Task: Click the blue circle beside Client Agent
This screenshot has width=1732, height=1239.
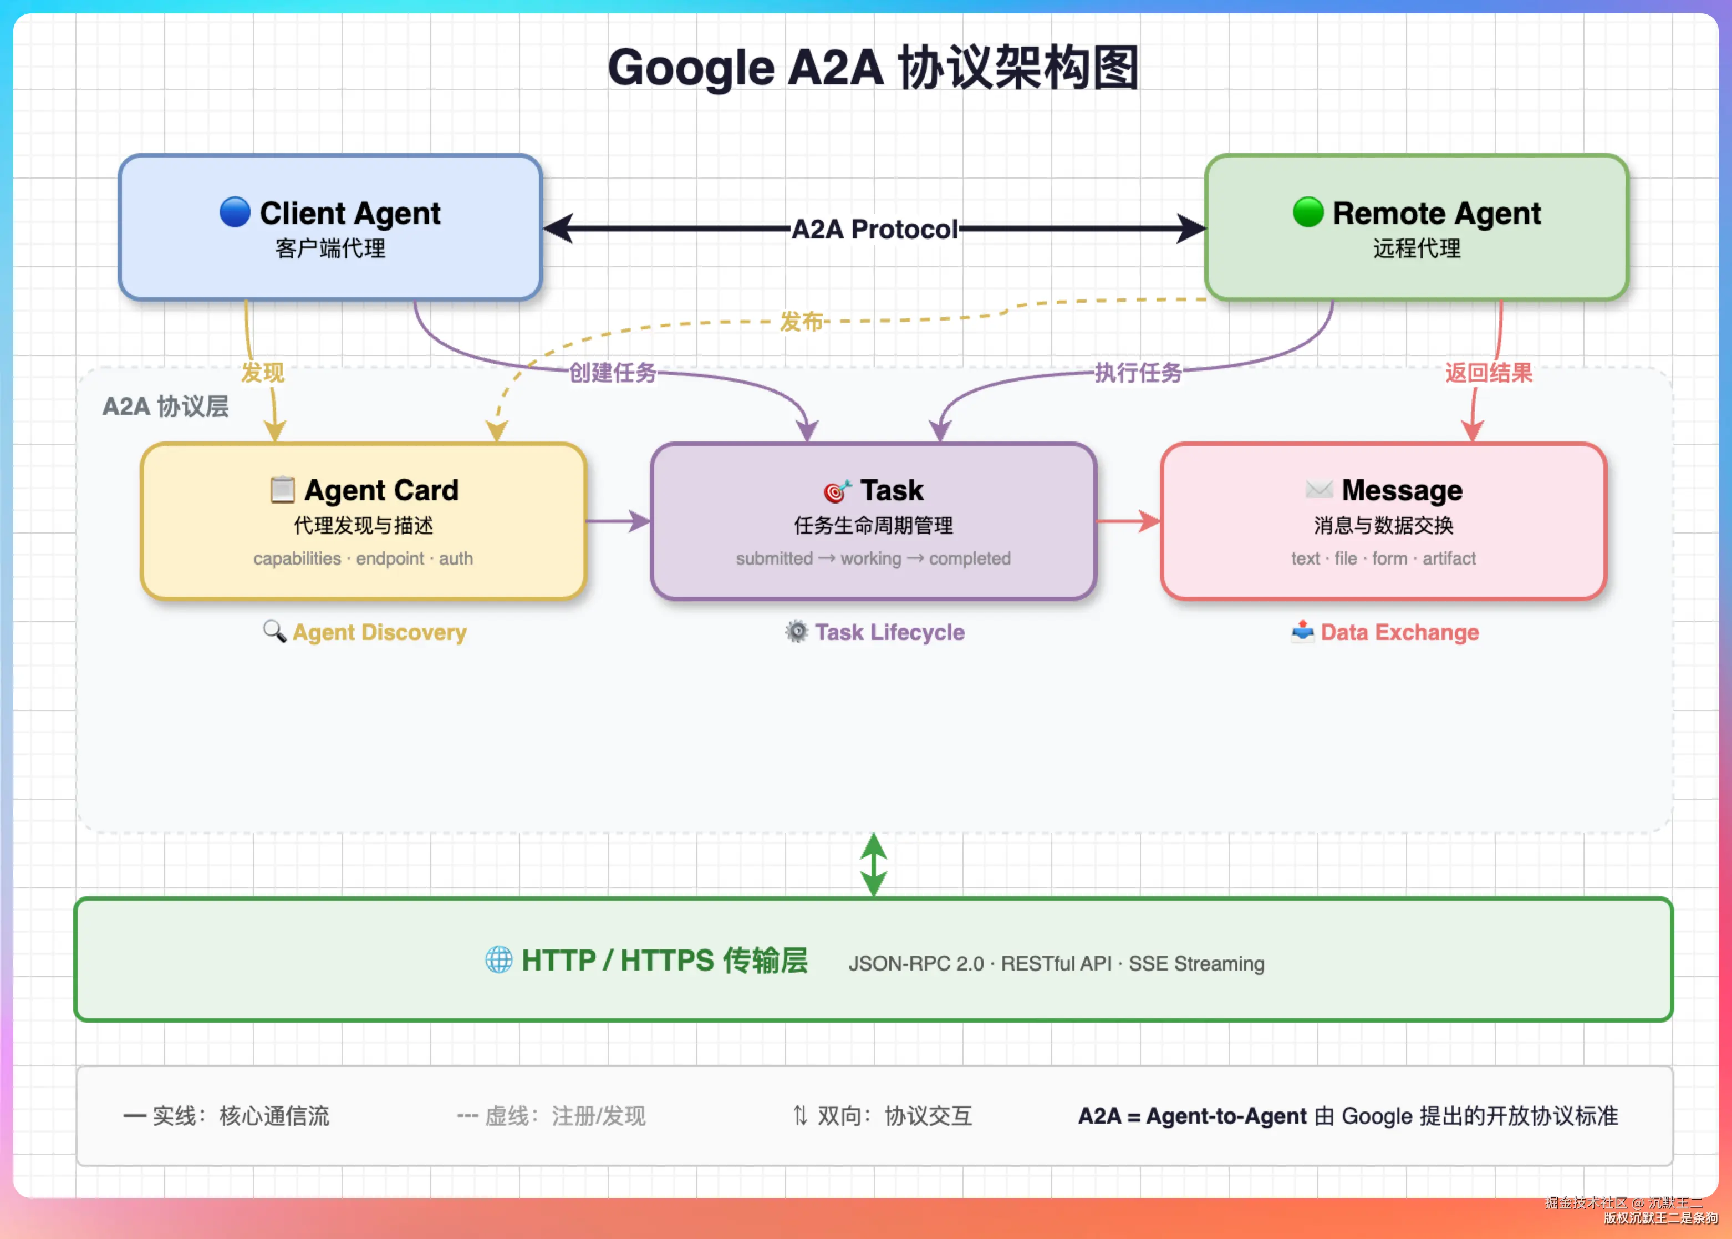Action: [235, 212]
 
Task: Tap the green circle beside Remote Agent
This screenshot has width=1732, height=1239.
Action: [1308, 212]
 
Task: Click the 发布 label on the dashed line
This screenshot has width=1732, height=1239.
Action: [801, 321]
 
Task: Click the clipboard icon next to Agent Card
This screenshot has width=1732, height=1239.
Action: [282, 490]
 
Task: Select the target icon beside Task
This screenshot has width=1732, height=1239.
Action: [837, 491]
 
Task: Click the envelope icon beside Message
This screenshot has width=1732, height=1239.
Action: [1318, 489]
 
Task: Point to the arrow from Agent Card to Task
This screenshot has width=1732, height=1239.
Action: [618, 521]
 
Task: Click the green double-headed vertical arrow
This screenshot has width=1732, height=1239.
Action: [873, 865]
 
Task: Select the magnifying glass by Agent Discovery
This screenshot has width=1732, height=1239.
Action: [274, 631]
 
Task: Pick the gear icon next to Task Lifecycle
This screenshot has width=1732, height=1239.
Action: [796, 631]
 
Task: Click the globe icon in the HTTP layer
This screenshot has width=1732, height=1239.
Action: [499, 960]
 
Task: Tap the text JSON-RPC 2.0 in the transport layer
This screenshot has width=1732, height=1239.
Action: [916, 963]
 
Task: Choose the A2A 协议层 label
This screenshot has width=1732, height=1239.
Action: [166, 406]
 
